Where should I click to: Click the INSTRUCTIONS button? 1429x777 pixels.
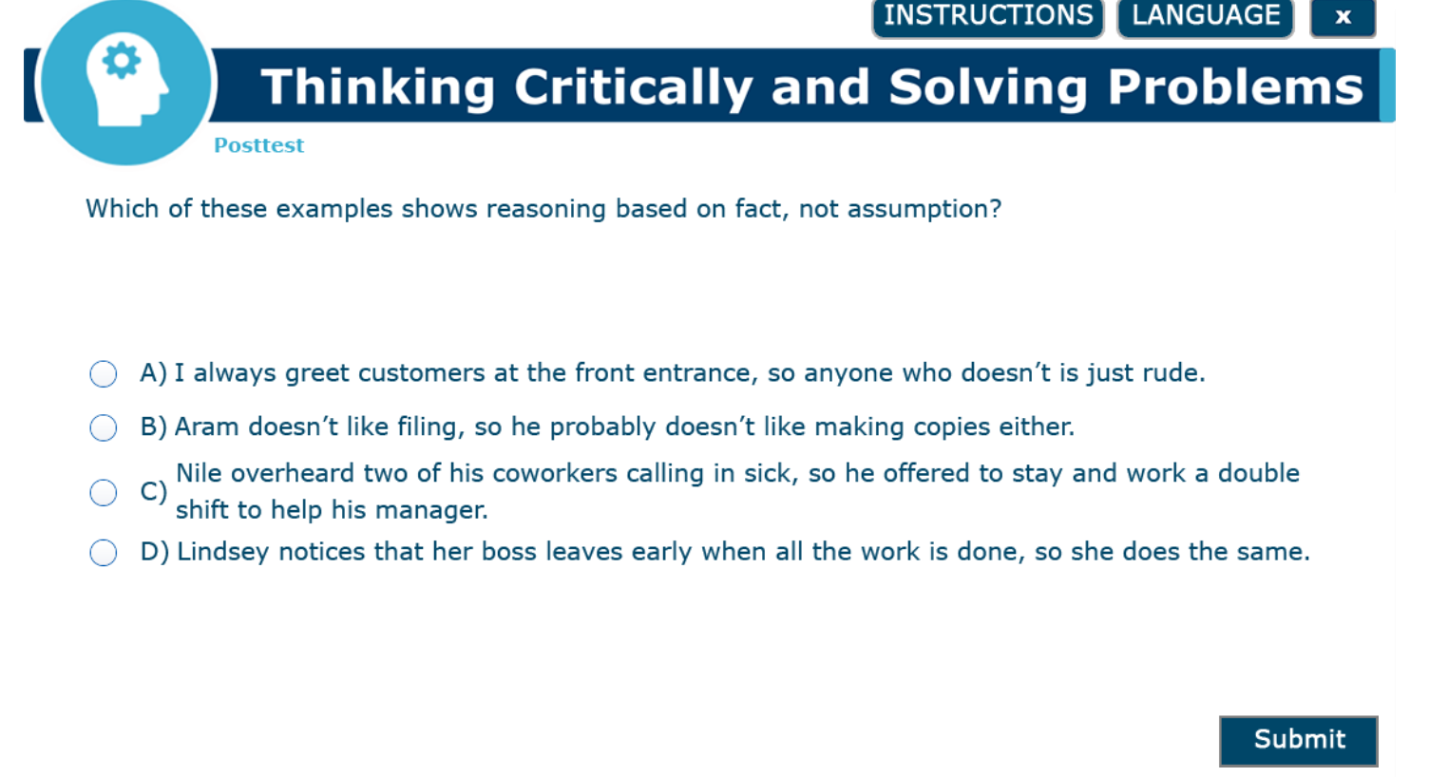click(988, 17)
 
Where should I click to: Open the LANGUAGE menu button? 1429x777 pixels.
click(1206, 17)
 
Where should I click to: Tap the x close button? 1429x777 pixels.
click(1343, 17)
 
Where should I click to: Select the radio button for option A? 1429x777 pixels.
click(104, 374)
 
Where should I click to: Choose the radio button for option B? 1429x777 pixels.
click(104, 427)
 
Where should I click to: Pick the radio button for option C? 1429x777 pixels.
click(104, 492)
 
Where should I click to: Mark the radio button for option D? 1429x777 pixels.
click(104, 553)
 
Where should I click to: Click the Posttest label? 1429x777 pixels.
click(259, 145)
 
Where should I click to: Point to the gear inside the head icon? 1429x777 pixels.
click(122, 61)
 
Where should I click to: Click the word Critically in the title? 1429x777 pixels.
click(634, 88)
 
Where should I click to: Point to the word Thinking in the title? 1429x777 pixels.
click(378, 88)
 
